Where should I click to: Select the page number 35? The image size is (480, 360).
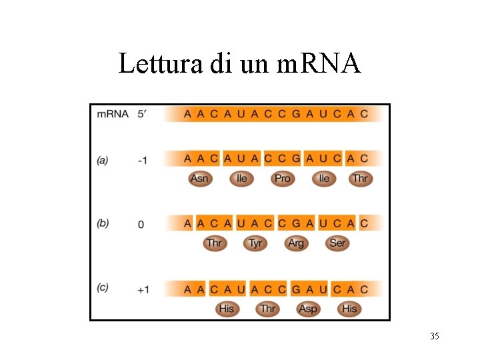(434, 336)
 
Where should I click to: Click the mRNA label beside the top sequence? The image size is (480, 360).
(113, 114)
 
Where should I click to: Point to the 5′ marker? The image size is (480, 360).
(142, 114)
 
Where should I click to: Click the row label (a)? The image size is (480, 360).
(103, 160)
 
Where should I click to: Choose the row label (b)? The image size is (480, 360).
(103, 223)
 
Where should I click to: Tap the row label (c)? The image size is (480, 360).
(103, 287)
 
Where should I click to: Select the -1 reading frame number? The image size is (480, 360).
(141, 161)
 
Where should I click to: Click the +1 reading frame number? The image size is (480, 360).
(143, 289)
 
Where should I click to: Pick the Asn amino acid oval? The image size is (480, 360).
(199, 179)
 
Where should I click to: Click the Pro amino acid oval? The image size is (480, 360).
(283, 179)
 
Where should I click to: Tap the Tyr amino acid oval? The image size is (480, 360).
(255, 243)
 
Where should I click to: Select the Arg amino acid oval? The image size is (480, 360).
(296, 243)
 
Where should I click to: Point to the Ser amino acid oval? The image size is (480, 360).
(337, 243)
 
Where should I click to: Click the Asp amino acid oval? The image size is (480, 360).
(308, 308)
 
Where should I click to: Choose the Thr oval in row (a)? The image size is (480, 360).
(360, 179)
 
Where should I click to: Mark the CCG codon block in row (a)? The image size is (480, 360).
(282, 159)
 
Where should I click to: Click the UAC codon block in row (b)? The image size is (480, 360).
(255, 223)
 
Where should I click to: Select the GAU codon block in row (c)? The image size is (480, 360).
(309, 289)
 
